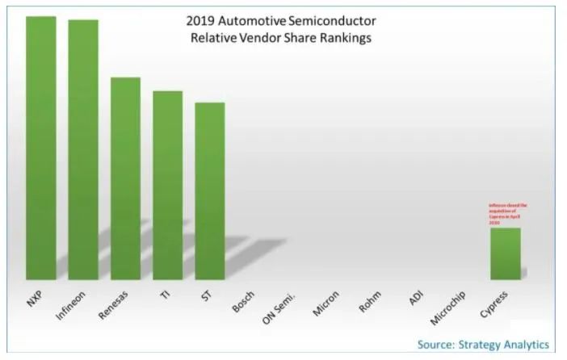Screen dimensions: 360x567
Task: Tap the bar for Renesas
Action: click(x=125, y=178)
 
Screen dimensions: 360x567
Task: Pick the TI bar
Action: click(x=167, y=185)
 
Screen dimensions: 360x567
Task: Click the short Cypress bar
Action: click(x=506, y=253)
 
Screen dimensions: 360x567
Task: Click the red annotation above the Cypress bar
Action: click(x=507, y=214)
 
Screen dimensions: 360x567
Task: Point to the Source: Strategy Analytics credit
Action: click(x=483, y=345)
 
